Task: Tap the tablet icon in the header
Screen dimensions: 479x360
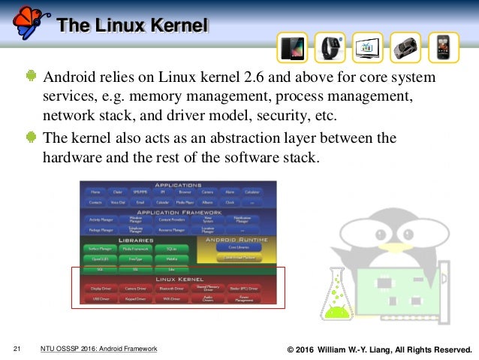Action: [291, 47]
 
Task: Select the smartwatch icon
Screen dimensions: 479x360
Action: [330, 47]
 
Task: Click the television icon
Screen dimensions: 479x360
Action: [368, 47]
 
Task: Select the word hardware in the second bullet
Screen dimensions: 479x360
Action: [74, 158]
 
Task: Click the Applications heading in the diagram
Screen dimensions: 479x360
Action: [178, 185]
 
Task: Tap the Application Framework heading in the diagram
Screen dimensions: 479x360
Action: [178, 212]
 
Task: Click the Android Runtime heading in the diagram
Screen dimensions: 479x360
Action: [235, 239]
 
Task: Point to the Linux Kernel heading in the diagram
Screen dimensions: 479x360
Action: [178, 280]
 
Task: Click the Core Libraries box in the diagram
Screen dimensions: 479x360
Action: [234, 247]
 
